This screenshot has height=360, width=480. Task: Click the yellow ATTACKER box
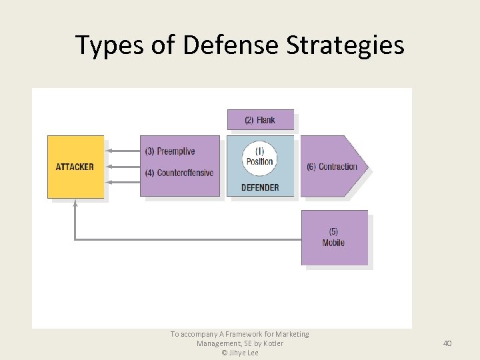pos(75,167)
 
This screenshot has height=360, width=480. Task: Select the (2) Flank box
pos(260,120)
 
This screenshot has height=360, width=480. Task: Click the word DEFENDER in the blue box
pos(260,187)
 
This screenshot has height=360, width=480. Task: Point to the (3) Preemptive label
pos(170,151)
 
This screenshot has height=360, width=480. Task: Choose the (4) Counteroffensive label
pos(179,173)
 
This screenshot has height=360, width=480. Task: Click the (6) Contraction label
pos(331,167)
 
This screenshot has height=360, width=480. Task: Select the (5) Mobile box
pos(334,238)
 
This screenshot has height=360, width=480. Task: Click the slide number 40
pos(447,343)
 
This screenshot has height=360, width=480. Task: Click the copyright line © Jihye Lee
pos(239,353)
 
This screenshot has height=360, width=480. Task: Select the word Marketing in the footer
pos(291,334)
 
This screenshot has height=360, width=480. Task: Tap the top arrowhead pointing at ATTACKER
pos(109,151)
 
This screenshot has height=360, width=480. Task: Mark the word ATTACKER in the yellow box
pos(75,167)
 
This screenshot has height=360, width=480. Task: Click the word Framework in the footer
pos(228,334)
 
